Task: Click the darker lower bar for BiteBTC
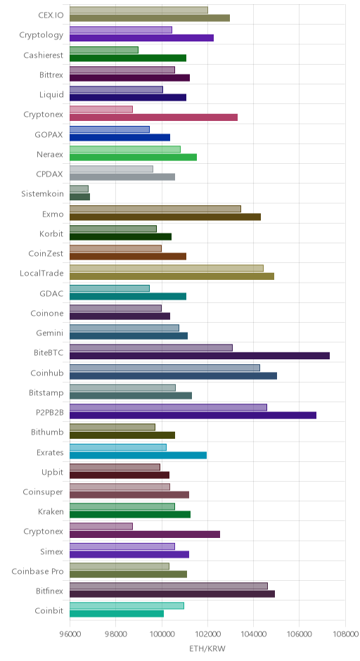click(x=200, y=356)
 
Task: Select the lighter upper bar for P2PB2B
click(x=168, y=407)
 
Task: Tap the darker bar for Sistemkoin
click(x=79, y=197)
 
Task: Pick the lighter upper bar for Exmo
click(x=155, y=209)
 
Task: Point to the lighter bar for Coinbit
click(x=127, y=605)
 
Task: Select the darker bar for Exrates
click(x=138, y=455)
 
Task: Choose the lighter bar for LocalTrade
click(x=167, y=268)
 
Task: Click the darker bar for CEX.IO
click(x=150, y=18)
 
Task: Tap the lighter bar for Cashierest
click(x=103, y=50)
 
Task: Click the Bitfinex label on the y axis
click(x=50, y=591)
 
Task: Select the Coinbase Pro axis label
click(x=37, y=571)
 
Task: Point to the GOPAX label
click(x=49, y=134)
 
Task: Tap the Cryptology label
click(x=41, y=35)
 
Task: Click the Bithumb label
click(x=47, y=432)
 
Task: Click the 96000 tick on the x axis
click(x=70, y=634)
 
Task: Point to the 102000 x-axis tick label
click(x=207, y=634)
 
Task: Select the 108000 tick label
click(x=345, y=634)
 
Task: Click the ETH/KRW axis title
click(x=207, y=649)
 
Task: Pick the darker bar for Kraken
click(x=130, y=514)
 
